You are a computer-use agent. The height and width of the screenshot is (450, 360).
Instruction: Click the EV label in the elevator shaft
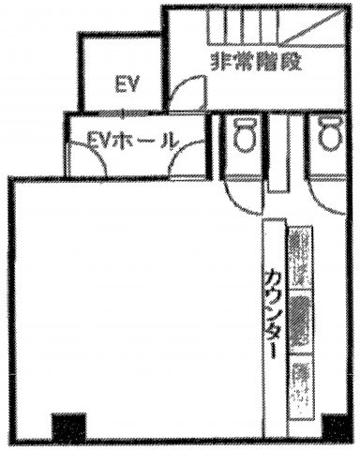pos(127,84)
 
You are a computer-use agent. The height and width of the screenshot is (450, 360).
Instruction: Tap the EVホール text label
pos(130,142)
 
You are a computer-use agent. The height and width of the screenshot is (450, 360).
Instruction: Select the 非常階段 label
pos(256,62)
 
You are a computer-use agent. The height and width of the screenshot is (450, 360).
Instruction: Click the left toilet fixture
pos(245,135)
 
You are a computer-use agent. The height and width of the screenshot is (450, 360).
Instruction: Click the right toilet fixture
pos(330,134)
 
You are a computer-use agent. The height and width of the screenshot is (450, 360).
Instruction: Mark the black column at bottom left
pos(68,427)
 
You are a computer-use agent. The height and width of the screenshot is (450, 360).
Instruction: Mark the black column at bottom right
pos(336,427)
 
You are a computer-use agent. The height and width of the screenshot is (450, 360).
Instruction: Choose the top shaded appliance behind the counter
pos(300,256)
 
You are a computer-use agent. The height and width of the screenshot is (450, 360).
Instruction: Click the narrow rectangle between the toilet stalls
pos(277,153)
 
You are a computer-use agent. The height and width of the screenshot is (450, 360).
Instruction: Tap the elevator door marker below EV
pos(124,113)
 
